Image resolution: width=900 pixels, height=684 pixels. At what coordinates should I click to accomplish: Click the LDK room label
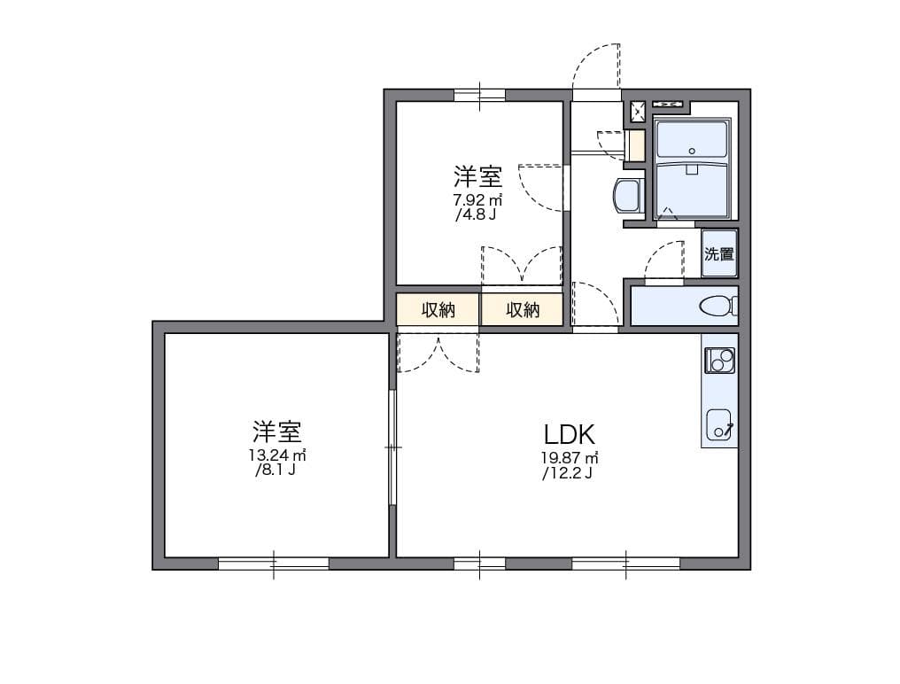569,435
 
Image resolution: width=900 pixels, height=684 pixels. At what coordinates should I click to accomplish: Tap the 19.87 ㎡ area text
570,458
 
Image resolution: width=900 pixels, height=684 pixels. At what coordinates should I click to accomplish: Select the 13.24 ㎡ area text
276,455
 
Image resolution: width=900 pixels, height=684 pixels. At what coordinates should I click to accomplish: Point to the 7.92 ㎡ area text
477,200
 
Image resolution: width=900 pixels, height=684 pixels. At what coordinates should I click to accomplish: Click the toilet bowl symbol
718,306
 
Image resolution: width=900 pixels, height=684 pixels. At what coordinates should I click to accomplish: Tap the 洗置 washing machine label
718,253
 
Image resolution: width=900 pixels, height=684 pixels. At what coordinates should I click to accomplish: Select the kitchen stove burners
719,361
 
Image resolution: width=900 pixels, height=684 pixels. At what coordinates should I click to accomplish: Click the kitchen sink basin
718,424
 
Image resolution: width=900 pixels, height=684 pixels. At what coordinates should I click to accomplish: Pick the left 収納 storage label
438,310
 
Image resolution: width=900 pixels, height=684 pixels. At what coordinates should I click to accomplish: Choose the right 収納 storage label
523,310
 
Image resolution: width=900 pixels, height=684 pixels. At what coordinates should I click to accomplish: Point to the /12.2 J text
567,473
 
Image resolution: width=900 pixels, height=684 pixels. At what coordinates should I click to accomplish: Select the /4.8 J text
476,214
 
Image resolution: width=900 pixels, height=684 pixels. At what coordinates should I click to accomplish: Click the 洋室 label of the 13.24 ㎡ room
277,431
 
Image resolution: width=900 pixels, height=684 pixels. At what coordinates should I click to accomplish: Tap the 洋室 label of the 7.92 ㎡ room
478,176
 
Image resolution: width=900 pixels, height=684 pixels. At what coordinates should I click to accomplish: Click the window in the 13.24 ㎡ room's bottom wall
274,564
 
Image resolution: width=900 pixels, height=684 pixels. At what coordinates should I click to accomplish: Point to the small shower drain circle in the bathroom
692,151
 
